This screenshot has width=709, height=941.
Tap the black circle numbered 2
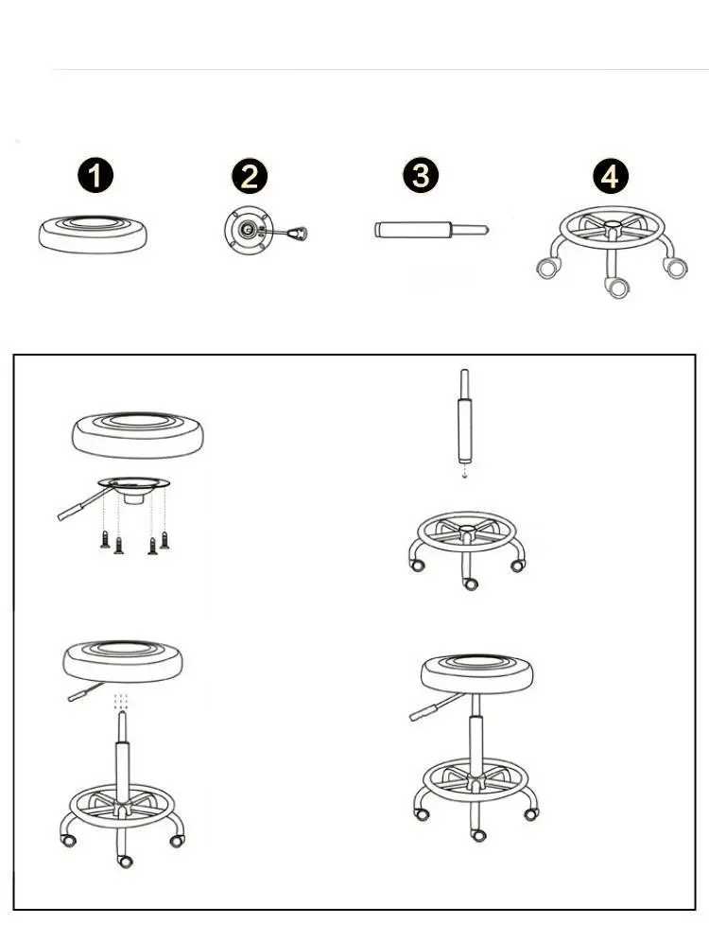point(250,177)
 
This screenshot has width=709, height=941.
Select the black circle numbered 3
point(422,177)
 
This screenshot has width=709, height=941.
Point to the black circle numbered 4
point(611,177)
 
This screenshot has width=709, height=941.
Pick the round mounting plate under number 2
point(245,230)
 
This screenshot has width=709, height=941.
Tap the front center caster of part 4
point(617,288)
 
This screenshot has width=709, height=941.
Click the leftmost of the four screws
point(104,540)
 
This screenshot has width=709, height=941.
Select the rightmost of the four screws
point(164,540)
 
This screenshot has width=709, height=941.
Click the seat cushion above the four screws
point(138,433)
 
